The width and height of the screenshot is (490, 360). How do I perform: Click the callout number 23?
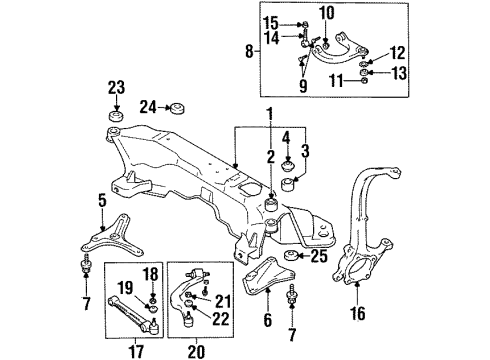pos(116,86)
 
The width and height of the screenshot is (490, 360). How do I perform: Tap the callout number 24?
pos(149,105)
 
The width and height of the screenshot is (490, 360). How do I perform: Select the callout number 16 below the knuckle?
pos(357,312)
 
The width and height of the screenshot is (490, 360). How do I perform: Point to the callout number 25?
pos(319,258)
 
